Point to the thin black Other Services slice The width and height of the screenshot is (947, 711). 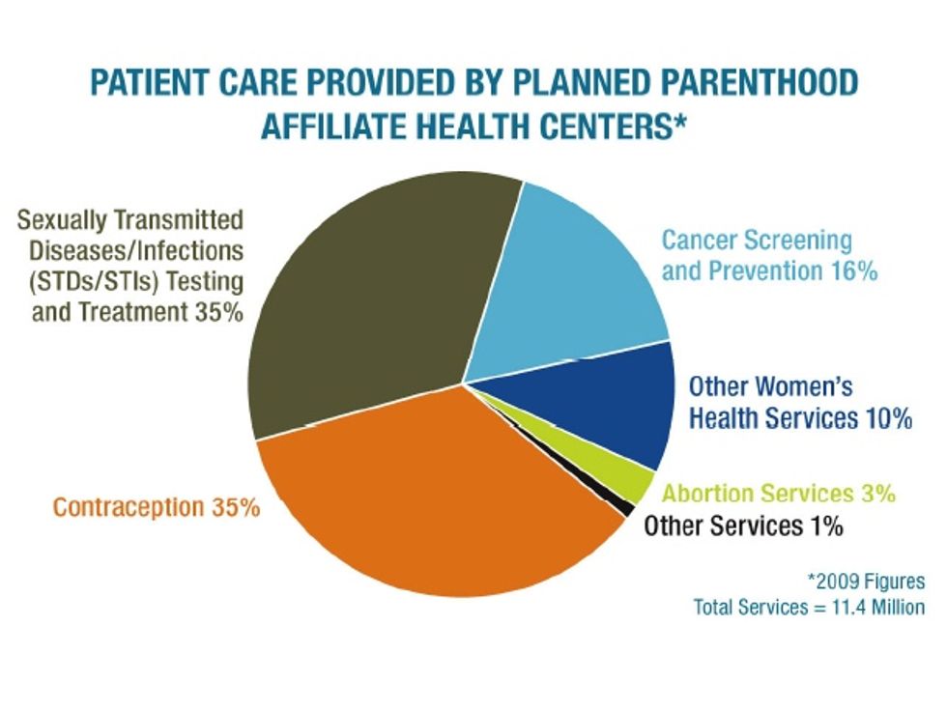pos(623,503)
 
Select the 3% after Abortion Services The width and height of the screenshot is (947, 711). pos(878,493)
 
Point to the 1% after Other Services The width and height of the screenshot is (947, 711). pos(827,526)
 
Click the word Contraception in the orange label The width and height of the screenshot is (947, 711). pos(129,507)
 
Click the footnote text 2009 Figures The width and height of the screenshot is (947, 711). pos(868,582)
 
